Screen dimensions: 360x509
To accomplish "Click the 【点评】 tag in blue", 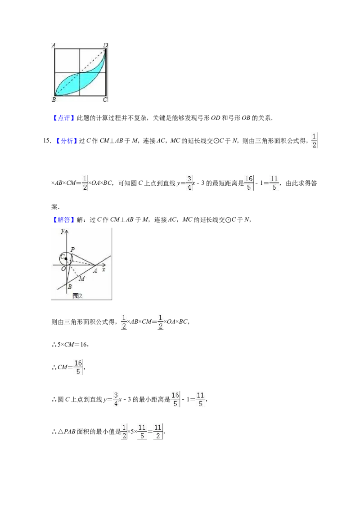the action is point(63,118).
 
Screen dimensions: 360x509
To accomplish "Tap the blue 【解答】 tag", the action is point(63,220).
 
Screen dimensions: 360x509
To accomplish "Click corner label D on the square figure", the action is point(105,45).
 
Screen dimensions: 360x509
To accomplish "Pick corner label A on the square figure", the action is point(53,45).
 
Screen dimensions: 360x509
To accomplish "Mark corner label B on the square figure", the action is point(54,100).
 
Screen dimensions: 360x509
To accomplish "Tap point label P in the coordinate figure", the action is point(72,249).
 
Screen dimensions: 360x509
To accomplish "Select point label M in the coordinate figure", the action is point(82,278).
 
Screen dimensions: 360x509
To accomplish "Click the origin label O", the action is point(63,268).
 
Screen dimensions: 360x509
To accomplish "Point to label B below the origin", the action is point(69,287).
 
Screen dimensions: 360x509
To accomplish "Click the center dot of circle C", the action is point(66,259).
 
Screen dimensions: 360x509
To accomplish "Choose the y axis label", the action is point(62,231).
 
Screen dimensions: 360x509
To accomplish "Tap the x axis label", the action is point(103,269).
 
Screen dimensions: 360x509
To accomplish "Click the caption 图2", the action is point(77,295).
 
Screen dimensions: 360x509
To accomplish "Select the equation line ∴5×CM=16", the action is point(70,344).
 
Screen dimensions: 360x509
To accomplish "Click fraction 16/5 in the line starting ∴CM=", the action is point(78,367).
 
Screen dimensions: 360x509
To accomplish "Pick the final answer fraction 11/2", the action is point(158,432).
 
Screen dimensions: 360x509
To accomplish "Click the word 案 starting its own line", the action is point(54,207).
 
